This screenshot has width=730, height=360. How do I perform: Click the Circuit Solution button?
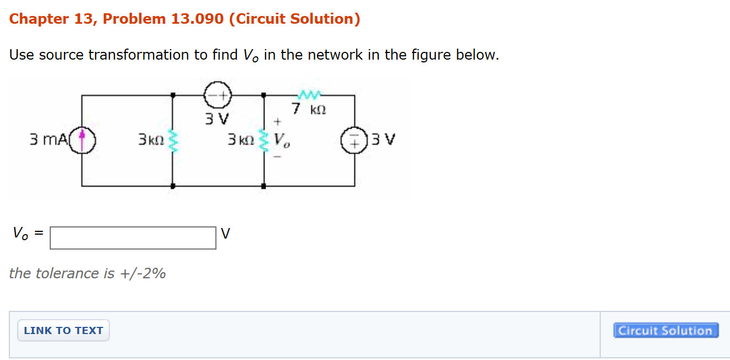pyautogui.click(x=665, y=331)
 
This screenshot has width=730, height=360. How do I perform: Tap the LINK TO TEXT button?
pyautogui.click(x=64, y=331)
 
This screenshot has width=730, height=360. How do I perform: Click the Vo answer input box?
pyautogui.click(x=133, y=238)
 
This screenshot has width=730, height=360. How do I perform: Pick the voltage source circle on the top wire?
pyautogui.click(x=218, y=96)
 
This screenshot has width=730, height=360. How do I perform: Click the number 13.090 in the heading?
pyautogui.click(x=197, y=19)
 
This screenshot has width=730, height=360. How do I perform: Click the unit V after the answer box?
pyautogui.click(x=225, y=234)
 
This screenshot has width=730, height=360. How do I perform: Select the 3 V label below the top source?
pyautogui.click(x=217, y=119)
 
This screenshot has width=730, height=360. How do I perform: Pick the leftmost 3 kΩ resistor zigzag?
pyautogui.click(x=173, y=140)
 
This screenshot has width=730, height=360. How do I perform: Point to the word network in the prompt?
pyautogui.click(x=332, y=55)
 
